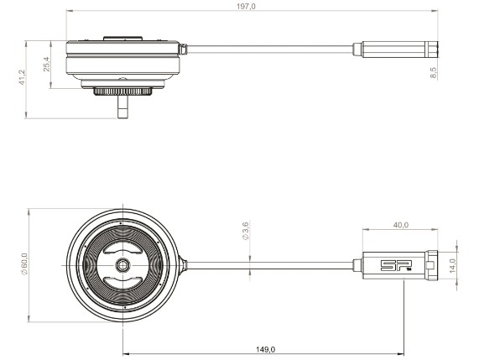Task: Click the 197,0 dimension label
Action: point(246,6)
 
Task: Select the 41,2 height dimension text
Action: point(22,77)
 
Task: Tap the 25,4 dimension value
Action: point(47,64)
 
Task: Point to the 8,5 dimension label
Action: point(433,73)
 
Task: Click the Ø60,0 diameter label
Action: point(24,264)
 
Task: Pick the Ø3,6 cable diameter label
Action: point(246,231)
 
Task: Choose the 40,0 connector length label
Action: point(400,225)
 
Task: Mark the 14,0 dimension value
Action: point(452,265)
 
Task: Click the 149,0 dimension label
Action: point(265,349)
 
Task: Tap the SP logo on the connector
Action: point(396,265)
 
